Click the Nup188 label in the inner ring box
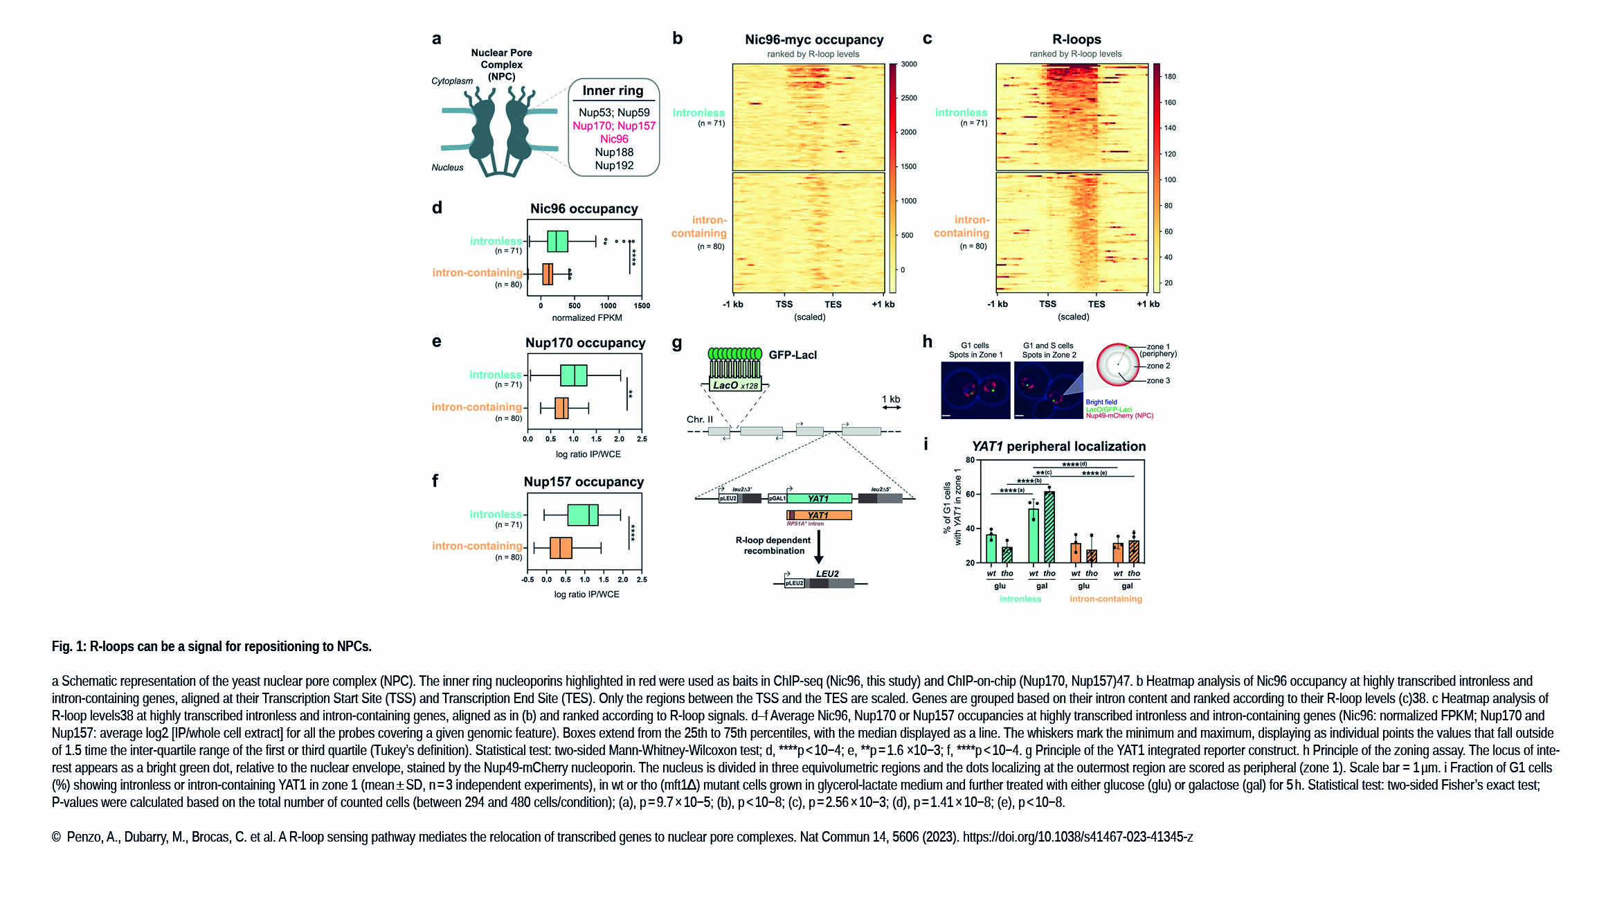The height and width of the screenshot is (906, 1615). tap(614, 152)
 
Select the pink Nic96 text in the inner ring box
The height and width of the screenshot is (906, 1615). tap(614, 139)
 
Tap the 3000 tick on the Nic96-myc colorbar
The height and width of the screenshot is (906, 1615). tap(909, 64)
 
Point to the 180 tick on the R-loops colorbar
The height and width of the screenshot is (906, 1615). tap(1170, 77)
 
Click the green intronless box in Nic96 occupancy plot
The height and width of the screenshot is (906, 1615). tap(557, 242)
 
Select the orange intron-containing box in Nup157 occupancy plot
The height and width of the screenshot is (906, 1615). tap(561, 547)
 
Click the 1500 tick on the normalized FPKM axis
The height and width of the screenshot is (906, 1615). tap(642, 305)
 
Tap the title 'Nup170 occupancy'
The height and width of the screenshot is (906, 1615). tap(585, 343)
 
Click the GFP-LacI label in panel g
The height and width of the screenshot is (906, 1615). tap(793, 355)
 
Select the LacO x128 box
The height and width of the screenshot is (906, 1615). tap(735, 385)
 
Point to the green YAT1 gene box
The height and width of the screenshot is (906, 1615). tap(819, 498)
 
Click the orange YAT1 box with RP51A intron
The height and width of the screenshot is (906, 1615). tap(819, 515)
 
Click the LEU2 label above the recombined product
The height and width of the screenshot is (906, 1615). tap(827, 574)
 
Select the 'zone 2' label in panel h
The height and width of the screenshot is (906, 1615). tap(1158, 366)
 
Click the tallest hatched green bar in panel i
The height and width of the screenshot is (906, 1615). tap(1049, 526)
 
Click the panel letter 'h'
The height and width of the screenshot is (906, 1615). tap(928, 341)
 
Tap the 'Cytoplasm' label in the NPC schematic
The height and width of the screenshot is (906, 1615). tap(452, 81)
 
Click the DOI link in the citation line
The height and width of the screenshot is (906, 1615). tap(1078, 837)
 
